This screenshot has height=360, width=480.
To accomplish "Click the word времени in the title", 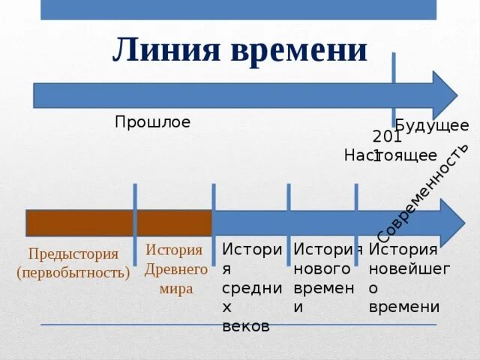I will (x=299, y=49).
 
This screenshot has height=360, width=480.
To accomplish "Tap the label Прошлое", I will (x=152, y=121).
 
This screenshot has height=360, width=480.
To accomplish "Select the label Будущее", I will (x=432, y=125).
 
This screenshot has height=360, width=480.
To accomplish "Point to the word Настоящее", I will (x=390, y=155).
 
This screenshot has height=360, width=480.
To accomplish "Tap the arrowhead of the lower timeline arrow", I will (x=452, y=223).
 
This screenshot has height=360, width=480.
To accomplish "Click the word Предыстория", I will (x=73, y=254).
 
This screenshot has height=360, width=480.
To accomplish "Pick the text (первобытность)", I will (x=73, y=271).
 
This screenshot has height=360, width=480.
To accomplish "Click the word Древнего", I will (x=175, y=268).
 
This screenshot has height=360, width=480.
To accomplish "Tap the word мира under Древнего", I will (x=176, y=288).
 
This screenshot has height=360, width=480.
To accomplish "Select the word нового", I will (x=322, y=268).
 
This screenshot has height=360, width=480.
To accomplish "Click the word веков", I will (x=246, y=326).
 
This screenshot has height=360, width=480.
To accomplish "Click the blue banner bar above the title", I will (x=238, y=9).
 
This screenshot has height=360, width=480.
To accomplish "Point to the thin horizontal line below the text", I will (x=238, y=325).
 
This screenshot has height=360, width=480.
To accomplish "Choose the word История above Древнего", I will (x=174, y=250).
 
